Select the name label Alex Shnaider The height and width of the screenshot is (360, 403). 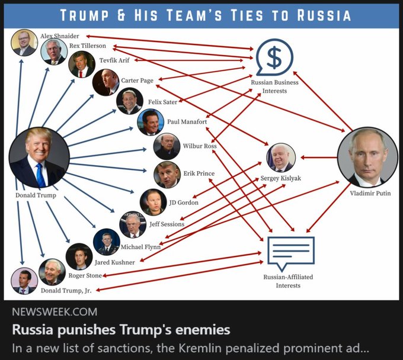pos(59,36)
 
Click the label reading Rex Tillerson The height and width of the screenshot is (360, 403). pos(88,46)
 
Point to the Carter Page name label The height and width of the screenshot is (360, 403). pos(137,80)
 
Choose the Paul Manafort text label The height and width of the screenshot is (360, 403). pos(187,121)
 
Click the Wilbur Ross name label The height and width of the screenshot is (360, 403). pos(200,146)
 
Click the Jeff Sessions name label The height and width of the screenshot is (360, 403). pos(167,224)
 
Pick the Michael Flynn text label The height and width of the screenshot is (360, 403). pos(140,247)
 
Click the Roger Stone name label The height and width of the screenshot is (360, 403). pos(85,275)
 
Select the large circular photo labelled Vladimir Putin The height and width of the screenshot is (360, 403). pos(367,157)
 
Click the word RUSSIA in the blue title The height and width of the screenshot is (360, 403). pos(318,15)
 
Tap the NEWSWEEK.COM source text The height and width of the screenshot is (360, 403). pos(55,312)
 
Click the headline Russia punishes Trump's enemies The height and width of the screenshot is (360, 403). pos(121,329)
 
